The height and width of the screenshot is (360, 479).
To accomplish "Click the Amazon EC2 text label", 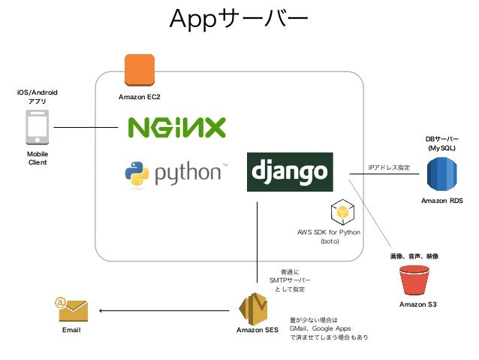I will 140,98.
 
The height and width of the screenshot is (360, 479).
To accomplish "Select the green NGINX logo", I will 176,127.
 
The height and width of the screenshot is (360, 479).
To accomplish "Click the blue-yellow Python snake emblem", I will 137,174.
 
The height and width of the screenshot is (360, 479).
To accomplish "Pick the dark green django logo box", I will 290,171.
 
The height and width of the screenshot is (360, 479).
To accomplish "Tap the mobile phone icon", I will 38,127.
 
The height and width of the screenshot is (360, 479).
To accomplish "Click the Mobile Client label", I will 38,157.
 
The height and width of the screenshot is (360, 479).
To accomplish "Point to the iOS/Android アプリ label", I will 38,96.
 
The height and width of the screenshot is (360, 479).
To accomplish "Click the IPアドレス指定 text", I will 389,168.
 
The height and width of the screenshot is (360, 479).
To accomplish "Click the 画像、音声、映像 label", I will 414,256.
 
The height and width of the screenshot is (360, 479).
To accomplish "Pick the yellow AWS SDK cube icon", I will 342,213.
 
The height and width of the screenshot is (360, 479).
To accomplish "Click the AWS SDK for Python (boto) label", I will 330,237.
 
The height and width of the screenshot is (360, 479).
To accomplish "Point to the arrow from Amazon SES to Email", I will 165,310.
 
